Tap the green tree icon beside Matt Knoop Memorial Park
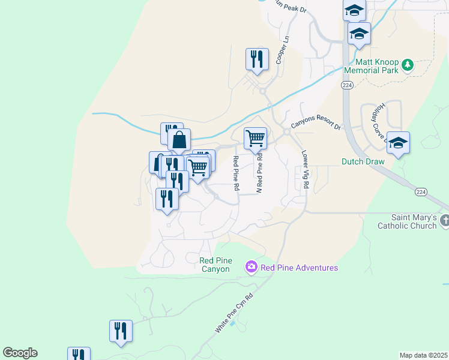pos(408,64)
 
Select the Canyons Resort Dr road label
pos(316,125)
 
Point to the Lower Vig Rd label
pos(304,170)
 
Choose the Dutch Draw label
pos(362,161)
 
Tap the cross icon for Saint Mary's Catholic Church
pos(444,221)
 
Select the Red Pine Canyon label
pos(215,265)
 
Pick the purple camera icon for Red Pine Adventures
pos(251,266)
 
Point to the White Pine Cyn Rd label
pos(234,314)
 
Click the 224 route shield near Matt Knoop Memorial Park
pos(347,86)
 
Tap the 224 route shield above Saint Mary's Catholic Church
pos(421,192)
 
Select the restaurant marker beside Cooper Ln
pos(256,59)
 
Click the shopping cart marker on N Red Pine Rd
pos(256,139)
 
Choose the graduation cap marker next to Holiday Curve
pos(398,143)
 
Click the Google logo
pos(20,353)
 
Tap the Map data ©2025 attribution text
pos(423,355)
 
